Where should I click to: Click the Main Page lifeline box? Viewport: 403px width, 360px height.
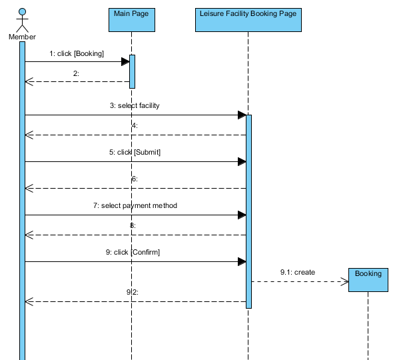(131, 19)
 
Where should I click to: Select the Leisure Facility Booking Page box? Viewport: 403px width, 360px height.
(248, 19)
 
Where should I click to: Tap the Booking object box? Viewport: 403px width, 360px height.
(368, 279)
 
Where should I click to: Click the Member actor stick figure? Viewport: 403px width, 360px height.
(22, 20)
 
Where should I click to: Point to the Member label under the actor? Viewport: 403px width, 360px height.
(22, 37)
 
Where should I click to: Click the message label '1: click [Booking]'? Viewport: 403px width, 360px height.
(77, 53)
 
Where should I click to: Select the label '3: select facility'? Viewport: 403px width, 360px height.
(135, 106)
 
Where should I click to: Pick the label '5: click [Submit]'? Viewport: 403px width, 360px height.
(135, 153)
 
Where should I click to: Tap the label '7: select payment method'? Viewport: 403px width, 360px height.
(135, 206)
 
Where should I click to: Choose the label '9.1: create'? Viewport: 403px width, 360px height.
(298, 272)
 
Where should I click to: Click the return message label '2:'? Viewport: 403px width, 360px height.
(77, 73)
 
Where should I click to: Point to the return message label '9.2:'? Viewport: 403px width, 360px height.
(133, 292)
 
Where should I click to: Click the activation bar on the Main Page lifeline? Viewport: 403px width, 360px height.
(132, 71)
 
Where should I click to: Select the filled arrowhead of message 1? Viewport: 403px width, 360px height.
(125, 61)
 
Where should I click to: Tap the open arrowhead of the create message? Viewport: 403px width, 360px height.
(345, 281)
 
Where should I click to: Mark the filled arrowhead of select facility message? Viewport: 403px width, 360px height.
(242, 115)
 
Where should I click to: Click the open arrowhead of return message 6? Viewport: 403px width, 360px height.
(29, 188)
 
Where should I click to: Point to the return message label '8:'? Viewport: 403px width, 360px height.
(133, 226)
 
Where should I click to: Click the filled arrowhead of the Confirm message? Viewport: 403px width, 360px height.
(242, 261)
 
